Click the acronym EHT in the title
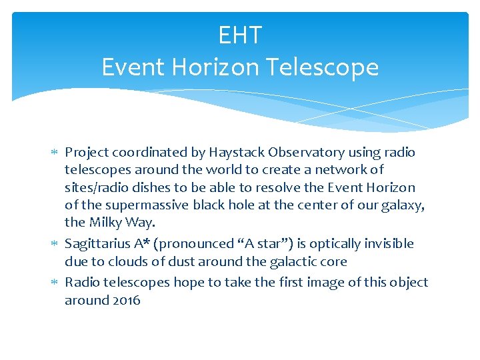click(x=240, y=35)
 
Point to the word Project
click(x=87, y=153)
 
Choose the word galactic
click(x=289, y=262)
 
